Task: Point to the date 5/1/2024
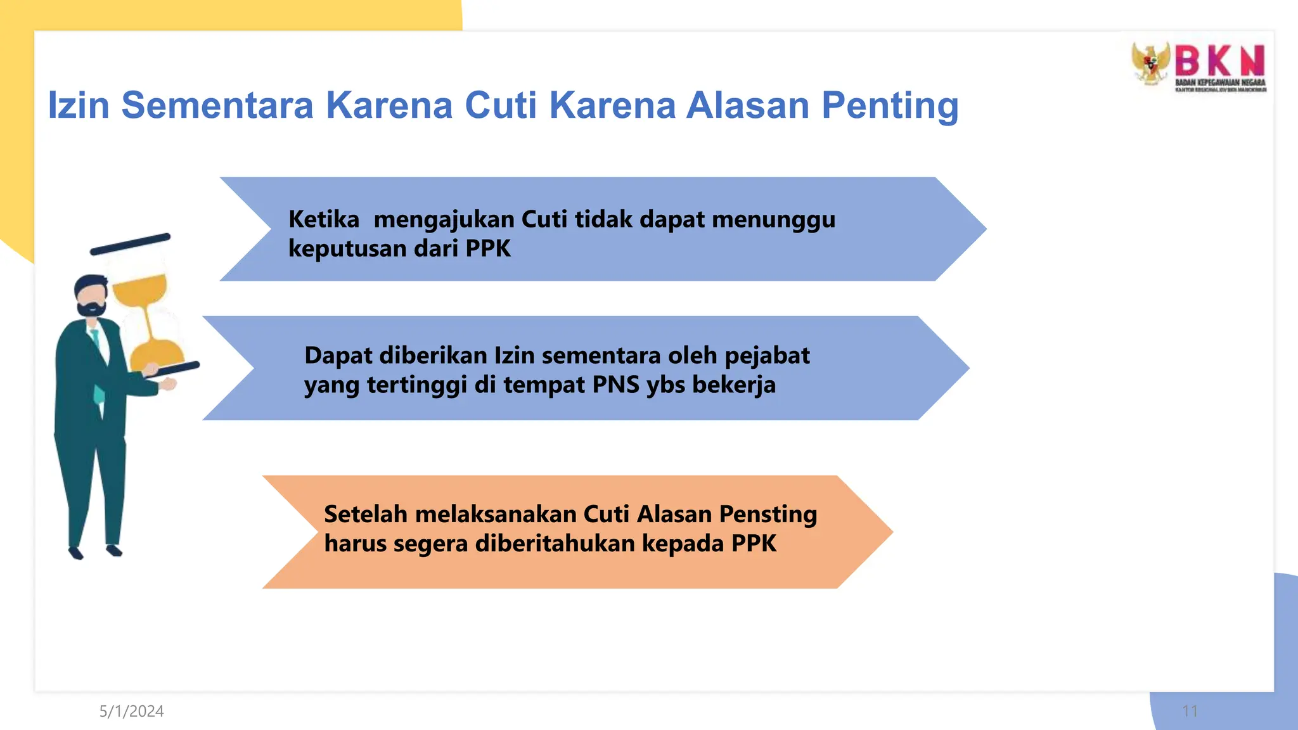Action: [x=131, y=712]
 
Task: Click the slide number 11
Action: [x=1190, y=712]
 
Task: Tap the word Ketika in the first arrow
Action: [x=323, y=219]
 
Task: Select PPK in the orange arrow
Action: [x=754, y=544]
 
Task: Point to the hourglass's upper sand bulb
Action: [x=140, y=290]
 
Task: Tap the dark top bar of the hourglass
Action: [x=130, y=244]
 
